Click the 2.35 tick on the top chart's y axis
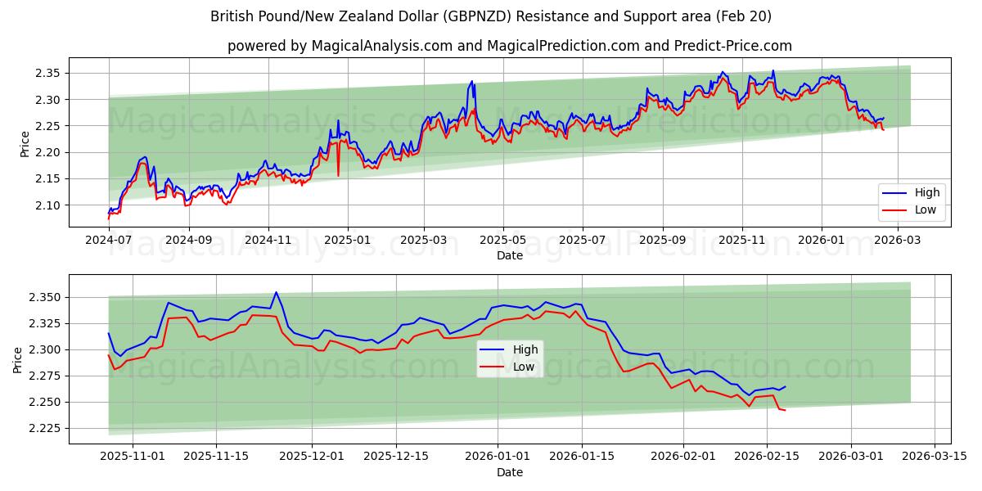[48, 74]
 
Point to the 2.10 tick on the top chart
[48, 205]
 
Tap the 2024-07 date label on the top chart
[109, 240]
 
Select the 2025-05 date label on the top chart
[502, 240]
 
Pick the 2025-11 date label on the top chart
[741, 240]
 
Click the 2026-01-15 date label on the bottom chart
[582, 456]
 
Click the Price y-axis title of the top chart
[25, 144]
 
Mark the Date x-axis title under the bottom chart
[509, 472]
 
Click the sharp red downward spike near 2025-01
[338, 174]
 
